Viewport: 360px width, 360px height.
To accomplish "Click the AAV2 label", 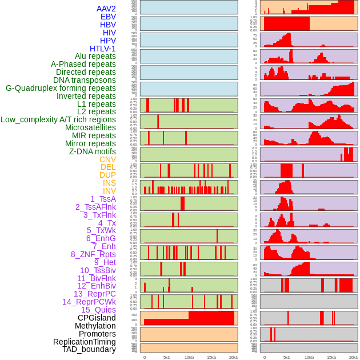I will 106,9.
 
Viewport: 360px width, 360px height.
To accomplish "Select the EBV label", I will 108,17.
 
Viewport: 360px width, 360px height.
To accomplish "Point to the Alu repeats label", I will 95,56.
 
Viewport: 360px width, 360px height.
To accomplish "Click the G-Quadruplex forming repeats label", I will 61,88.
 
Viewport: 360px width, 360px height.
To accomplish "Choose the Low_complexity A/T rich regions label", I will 58,119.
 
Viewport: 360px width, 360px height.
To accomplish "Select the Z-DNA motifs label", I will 93,151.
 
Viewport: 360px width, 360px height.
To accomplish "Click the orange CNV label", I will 107,159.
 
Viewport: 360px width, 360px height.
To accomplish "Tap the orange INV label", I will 109,191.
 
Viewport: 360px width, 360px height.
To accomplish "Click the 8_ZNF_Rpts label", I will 93,254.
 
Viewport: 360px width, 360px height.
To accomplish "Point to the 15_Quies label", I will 98,310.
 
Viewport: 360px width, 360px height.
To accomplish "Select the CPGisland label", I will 97,318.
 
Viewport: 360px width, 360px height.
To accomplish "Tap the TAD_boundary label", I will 89,349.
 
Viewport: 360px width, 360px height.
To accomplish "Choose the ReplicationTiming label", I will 84,342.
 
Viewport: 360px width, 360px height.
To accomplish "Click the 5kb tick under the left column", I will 167,357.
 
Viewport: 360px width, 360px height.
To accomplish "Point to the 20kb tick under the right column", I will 354,357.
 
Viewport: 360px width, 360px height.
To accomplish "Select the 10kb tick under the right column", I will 309,357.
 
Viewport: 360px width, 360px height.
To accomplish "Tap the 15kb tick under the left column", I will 211,357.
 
